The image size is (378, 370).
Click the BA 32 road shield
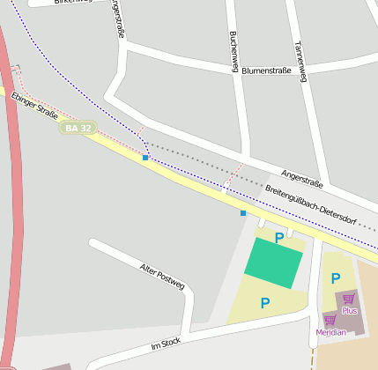[77, 129]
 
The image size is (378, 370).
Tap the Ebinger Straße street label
[34, 107]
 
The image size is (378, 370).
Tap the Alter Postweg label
[162, 276]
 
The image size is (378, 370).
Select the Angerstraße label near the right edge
[302, 177]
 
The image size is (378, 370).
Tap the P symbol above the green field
[279, 237]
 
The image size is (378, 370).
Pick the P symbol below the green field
[264, 303]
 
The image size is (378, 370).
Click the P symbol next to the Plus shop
[335, 278]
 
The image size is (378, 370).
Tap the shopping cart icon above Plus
[350, 299]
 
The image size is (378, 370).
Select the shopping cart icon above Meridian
[330, 320]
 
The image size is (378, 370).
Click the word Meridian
[330, 332]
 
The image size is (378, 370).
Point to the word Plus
[350, 311]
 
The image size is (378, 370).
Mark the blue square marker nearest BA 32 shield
[145, 158]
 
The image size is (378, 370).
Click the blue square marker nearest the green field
[243, 213]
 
